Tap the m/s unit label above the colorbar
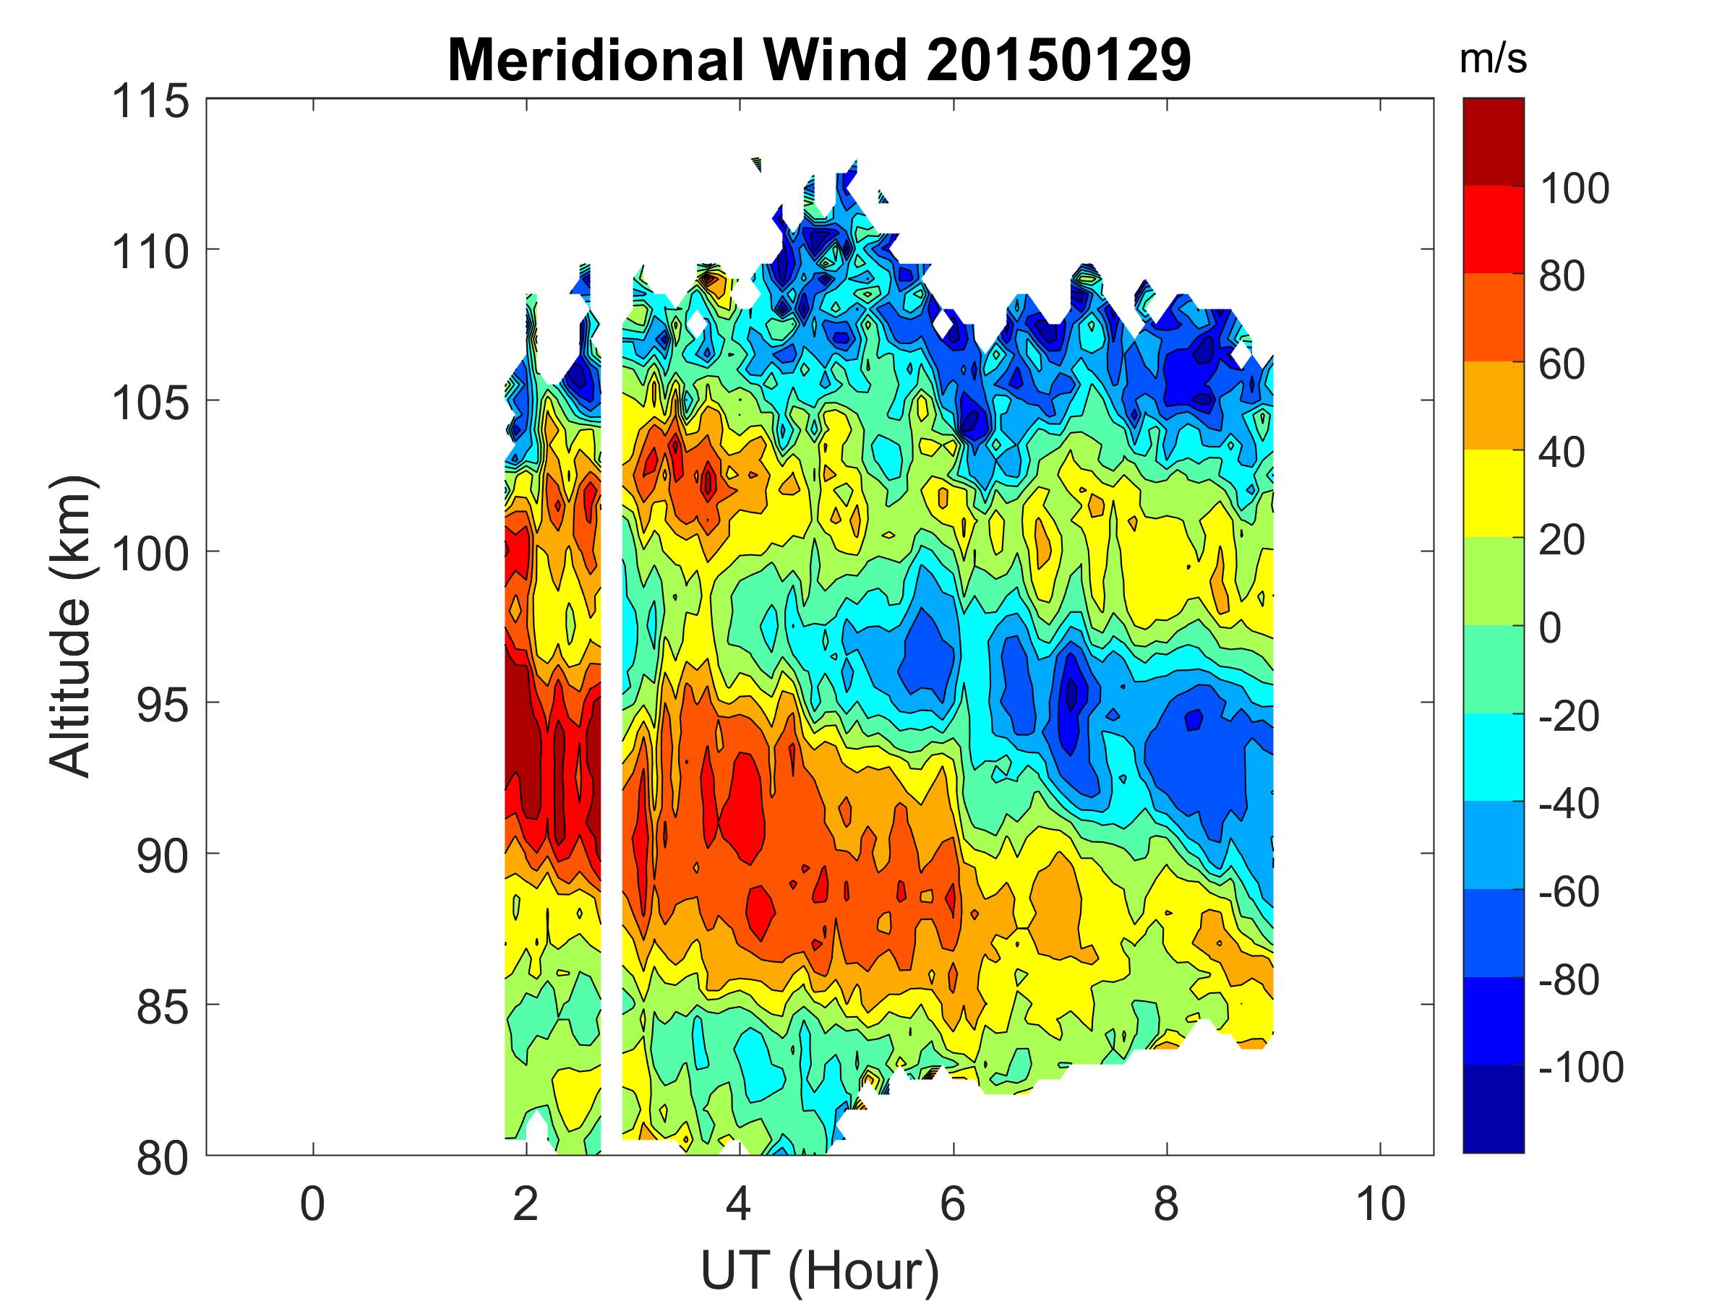[1493, 61]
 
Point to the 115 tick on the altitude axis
[151, 102]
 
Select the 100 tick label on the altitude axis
[151, 554]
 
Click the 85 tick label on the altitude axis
[163, 1008]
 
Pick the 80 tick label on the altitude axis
[163, 1159]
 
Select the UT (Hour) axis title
[820, 1271]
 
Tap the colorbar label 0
[1550, 628]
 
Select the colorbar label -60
[1569, 892]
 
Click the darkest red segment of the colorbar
[1494, 141]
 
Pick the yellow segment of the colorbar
[1494, 492]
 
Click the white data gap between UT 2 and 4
[612, 705]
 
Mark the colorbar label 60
[1561, 365]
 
